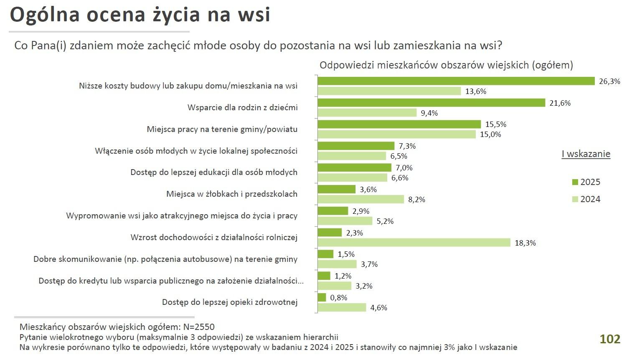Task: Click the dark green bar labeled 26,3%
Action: pyautogui.click(x=456, y=81)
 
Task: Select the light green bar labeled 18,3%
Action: pyautogui.click(x=414, y=243)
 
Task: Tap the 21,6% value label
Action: pyautogui.click(x=560, y=103)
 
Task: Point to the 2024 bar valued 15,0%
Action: pyautogui.click(x=396, y=134)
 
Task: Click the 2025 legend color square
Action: pyautogui.click(x=575, y=182)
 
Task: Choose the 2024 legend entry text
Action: pyautogui.click(x=590, y=199)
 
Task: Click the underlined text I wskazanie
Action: pyautogui.click(x=586, y=154)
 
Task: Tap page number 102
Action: pyautogui.click(x=610, y=339)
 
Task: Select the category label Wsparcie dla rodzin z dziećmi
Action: pyautogui.click(x=242, y=107)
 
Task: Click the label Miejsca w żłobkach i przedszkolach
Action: pyautogui.click(x=231, y=194)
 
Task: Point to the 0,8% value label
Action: pyautogui.click(x=338, y=298)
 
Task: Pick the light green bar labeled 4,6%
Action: pyautogui.click(x=342, y=307)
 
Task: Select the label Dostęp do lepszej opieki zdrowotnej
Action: pyautogui.click(x=229, y=302)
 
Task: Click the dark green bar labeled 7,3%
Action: pyautogui.click(x=356, y=146)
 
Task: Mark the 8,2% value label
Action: pyautogui.click(x=416, y=200)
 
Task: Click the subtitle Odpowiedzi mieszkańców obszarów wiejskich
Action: pyautogui.click(x=446, y=65)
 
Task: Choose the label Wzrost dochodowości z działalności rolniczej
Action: pyautogui.click(x=214, y=237)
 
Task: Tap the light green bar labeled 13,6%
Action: pyautogui.click(x=389, y=91)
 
